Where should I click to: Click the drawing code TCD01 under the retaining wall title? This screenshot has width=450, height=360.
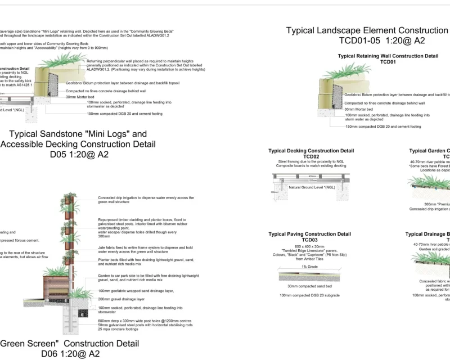click(388, 62)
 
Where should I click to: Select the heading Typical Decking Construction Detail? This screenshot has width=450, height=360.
click(311, 151)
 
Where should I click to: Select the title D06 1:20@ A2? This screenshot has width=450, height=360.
click(70, 354)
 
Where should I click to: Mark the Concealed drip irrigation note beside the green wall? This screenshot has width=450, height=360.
click(146, 197)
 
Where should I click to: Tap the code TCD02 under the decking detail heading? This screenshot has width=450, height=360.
click(311, 156)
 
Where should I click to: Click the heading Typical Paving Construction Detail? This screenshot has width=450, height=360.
click(309, 234)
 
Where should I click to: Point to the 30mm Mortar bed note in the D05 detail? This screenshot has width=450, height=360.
click(82, 97)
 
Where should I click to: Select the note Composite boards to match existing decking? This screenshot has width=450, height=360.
click(311, 166)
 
